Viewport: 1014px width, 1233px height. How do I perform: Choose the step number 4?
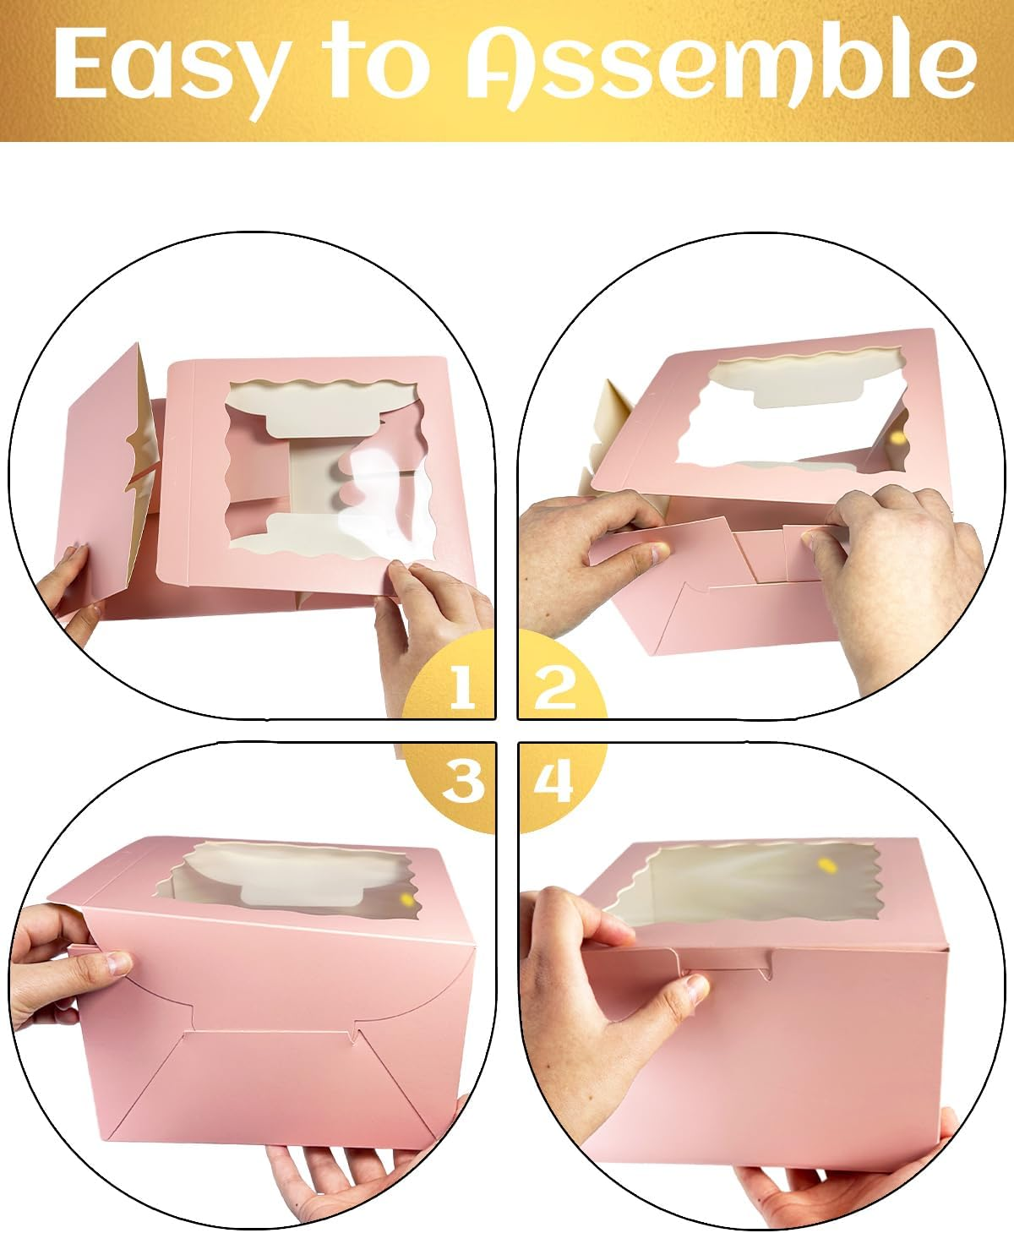[553, 782]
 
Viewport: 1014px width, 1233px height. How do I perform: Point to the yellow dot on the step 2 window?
[898, 439]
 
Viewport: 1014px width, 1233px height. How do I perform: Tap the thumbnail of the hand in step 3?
[119, 963]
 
